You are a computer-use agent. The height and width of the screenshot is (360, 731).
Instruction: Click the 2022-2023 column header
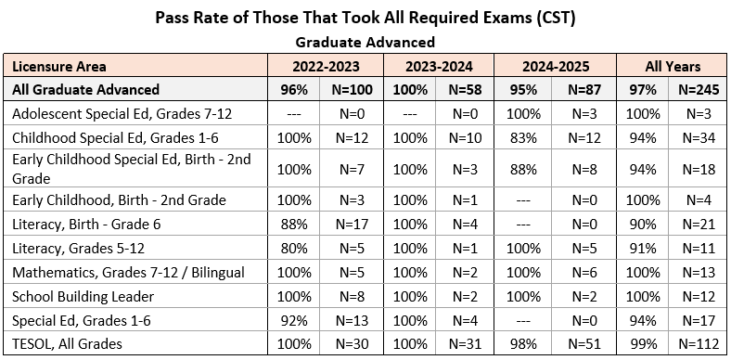[x=326, y=66]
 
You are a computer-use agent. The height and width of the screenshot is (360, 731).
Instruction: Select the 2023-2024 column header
[x=439, y=66]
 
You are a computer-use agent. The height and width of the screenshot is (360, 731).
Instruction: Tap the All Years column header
[x=673, y=66]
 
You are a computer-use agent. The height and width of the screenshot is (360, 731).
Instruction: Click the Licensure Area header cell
[x=59, y=66]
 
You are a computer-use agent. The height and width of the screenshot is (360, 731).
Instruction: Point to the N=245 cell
[x=698, y=89]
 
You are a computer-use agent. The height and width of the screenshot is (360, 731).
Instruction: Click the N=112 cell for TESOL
[x=698, y=344]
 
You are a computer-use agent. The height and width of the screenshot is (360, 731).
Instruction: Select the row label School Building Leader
[x=83, y=297]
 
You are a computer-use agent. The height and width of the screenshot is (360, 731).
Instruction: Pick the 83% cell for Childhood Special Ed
[x=523, y=138]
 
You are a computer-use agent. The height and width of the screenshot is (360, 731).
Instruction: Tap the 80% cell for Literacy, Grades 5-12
[x=294, y=248]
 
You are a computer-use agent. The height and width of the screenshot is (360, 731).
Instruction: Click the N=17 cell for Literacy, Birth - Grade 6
[x=352, y=225]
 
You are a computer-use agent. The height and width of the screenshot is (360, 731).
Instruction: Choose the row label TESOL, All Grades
[x=67, y=344]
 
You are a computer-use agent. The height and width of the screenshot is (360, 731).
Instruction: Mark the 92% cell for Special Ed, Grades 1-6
[x=294, y=321]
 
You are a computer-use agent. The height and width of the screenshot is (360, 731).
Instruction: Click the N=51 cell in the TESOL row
[x=584, y=344]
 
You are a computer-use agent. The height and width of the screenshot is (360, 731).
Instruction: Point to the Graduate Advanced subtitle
[x=365, y=43]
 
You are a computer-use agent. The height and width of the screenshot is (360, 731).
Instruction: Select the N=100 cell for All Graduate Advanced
[x=352, y=89]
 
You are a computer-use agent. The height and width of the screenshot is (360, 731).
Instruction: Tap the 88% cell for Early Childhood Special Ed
[x=523, y=169]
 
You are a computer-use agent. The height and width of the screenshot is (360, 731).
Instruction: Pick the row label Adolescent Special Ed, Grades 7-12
[x=122, y=114]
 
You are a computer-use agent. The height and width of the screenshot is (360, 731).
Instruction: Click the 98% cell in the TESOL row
[x=523, y=344]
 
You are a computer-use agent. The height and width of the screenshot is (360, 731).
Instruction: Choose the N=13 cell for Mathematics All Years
[x=698, y=273]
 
